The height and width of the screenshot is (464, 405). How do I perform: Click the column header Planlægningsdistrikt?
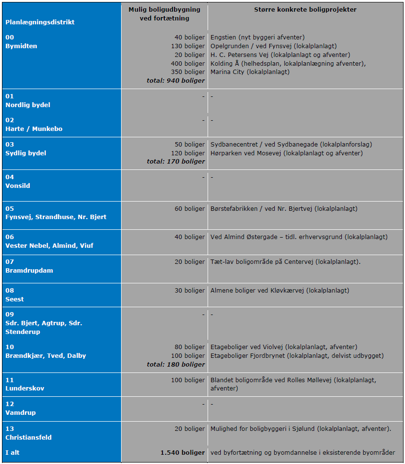click(40, 22)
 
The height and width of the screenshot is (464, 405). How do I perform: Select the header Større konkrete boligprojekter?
click(305, 10)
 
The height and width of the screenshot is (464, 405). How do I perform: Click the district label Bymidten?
click(21, 46)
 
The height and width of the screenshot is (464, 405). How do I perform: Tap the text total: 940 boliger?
click(176, 80)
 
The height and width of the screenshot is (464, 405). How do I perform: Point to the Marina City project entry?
click(250, 72)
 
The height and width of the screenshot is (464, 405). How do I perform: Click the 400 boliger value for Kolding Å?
click(188, 63)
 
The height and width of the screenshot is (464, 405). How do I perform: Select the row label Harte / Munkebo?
click(34, 129)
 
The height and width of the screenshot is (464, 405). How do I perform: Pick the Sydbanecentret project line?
click(291, 144)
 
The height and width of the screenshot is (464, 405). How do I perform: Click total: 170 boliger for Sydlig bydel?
click(176, 161)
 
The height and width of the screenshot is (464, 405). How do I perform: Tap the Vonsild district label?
click(18, 186)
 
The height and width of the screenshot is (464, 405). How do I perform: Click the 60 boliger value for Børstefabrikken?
click(190, 208)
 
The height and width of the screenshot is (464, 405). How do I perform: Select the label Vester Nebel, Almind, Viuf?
click(49, 245)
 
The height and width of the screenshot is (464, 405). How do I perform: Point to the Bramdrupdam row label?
click(29, 270)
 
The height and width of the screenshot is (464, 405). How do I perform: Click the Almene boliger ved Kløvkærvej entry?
click(280, 290)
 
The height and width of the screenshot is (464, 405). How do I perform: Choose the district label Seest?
click(15, 299)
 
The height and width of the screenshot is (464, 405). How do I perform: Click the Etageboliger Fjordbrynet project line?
click(297, 355)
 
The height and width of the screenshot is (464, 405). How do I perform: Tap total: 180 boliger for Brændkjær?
click(176, 364)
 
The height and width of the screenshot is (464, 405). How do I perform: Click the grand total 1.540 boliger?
click(182, 452)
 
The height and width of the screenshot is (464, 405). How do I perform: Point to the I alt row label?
click(13, 452)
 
